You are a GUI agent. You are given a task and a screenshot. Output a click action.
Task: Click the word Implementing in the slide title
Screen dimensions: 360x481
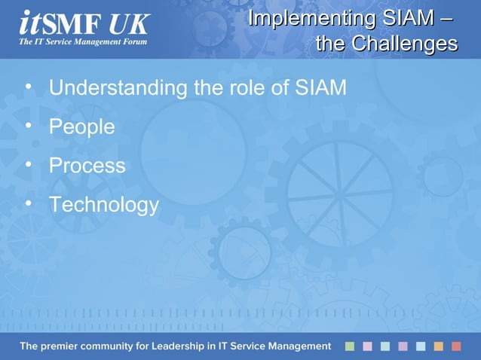point(298,18)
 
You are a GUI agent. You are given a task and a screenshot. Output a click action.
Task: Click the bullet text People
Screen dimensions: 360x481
point(81,127)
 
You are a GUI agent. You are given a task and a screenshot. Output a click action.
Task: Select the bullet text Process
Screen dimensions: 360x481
point(87,166)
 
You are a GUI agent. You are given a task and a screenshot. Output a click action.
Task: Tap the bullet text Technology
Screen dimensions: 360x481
point(104,205)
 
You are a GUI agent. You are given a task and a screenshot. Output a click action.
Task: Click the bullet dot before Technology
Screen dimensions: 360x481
point(29,203)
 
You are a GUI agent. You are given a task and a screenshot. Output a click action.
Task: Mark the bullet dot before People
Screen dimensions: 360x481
point(29,125)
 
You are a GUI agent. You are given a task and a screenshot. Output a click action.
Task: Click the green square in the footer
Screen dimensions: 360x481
point(349,346)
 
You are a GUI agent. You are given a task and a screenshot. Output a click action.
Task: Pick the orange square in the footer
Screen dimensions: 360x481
point(439,346)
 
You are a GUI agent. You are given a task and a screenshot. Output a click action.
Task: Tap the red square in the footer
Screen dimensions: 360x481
point(456,346)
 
